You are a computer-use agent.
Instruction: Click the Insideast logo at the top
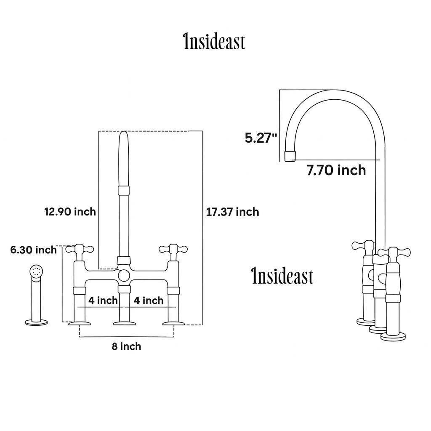click(x=214, y=43)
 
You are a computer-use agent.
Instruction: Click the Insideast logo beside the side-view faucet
click(x=282, y=277)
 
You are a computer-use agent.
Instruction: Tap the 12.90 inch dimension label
click(x=70, y=212)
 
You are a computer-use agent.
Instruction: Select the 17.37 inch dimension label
click(x=232, y=212)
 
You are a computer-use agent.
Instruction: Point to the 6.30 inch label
click(x=34, y=250)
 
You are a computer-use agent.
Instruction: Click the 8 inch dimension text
click(x=126, y=347)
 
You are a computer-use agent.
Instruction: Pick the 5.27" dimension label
click(x=261, y=138)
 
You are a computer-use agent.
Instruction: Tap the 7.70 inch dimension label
click(x=336, y=170)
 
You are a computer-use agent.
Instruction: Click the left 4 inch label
click(x=103, y=301)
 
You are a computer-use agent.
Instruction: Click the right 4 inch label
click(x=149, y=301)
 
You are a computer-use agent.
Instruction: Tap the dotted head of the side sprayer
click(x=37, y=271)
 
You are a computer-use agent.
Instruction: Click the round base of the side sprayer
click(x=36, y=323)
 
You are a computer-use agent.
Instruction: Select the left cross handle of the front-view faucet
click(x=79, y=250)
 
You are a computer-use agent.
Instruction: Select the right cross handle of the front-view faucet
click(x=173, y=250)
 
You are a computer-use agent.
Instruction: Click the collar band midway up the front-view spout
click(x=123, y=190)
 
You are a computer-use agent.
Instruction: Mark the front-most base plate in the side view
click(x=393, y=336)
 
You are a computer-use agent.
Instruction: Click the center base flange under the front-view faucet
click(x=124, y=323)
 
